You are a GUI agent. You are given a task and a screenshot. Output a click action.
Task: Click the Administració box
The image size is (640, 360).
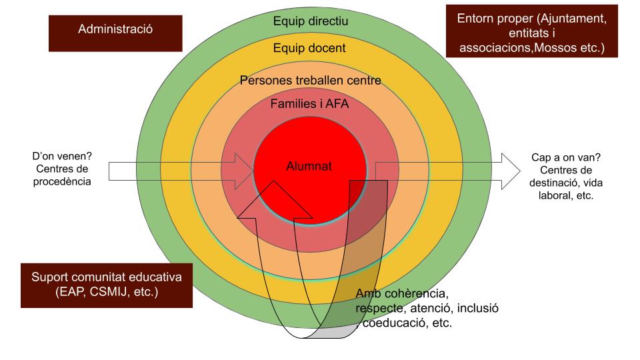(115, 29)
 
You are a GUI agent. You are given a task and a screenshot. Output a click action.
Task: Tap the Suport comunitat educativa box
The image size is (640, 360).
(107, 285)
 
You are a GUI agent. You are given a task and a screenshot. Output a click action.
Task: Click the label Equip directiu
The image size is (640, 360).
(311, 21)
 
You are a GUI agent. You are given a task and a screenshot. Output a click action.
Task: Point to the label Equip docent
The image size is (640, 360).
(309, 48)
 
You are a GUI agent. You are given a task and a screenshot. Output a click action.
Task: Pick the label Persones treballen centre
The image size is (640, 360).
(310, 81)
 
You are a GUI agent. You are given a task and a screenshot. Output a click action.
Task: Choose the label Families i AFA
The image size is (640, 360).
(310, 104)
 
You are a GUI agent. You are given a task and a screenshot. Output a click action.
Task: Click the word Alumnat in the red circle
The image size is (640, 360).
(309, 167)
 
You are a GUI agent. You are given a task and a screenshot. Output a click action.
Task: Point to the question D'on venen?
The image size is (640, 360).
(62, 156)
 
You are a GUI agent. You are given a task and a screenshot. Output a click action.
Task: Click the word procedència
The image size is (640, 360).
(62, 181)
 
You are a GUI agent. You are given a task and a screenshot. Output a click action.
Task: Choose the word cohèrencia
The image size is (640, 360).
(418, 294)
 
